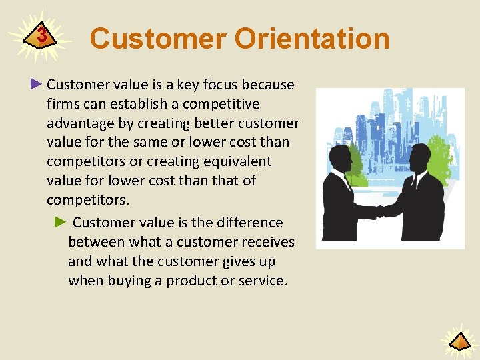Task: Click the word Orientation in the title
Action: pos(311,39)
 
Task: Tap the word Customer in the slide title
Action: pos(157,39)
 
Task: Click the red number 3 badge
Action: pos(42,36)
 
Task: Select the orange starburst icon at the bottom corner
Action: pos(459,341)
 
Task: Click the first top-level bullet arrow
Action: pos(37,84)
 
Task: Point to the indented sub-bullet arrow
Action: pos(61,222)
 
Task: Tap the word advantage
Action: pos(79,123)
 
